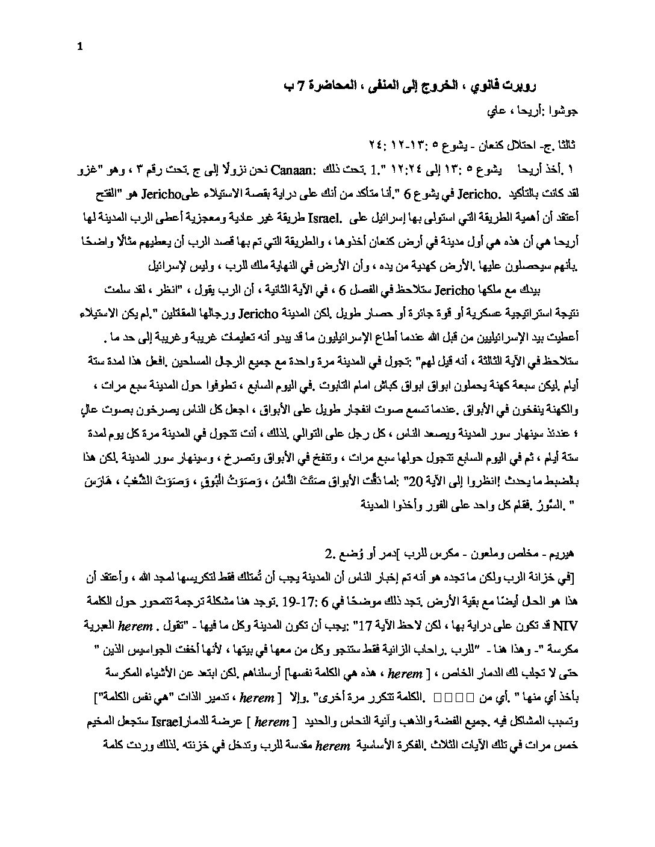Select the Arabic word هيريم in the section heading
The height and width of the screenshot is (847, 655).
point(556,553)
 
